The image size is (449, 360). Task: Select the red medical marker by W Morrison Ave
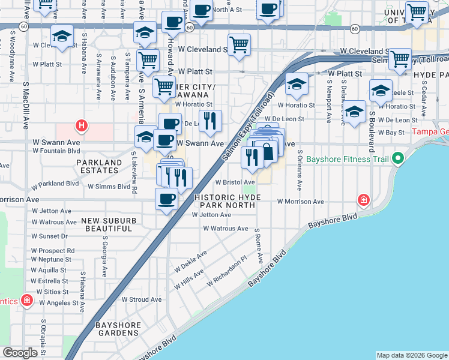pyautogui.click(x=363, y=200)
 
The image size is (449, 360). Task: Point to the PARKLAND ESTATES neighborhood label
pyautogui.click(x=97, y=166)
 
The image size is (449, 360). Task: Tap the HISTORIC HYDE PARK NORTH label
pyautogui.click(x=225, y=202)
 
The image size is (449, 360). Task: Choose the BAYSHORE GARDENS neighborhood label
pyautogui.click(x=118, y=329)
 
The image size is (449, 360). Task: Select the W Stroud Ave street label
pyautogui.click(x=142, y=299)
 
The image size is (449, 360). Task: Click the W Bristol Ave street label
pyautogui.click(x=235, y=182)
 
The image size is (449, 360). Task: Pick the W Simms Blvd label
pyautogui.click(x=109, y=187)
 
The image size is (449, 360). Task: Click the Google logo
pyautogui.click(x=19, y=353)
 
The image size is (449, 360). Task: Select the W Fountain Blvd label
pyautogui.click(x=53, y=151)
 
